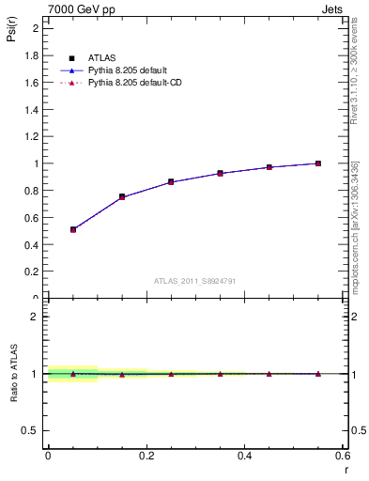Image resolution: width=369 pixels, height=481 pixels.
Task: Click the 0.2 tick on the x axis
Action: tap(146, 455)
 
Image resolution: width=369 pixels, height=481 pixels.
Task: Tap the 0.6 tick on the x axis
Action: tap(343, 455)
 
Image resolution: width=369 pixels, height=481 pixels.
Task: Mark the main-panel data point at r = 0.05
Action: tap(73, 229)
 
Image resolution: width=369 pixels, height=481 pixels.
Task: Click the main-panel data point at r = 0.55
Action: tap(318, 163)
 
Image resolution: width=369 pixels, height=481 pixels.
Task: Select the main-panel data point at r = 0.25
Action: tap(171, 181)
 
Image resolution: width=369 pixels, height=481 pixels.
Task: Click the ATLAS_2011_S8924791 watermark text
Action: tap(194, 280)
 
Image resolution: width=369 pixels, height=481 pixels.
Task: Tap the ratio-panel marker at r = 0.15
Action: tap(122, 374)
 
